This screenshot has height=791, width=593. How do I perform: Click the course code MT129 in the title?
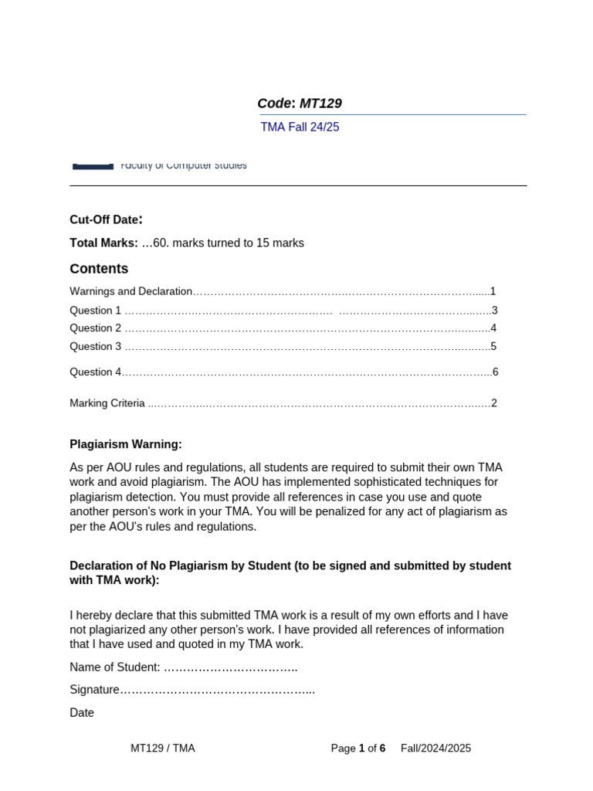click(x=320, y=104)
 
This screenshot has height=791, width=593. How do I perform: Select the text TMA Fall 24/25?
click(x=300, y=127)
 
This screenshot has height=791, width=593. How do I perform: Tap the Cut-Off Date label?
click(x=106, y=219)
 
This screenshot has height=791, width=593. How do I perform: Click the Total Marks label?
click(x=103, y=243)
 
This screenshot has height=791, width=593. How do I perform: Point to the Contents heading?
click(x=99, y=269)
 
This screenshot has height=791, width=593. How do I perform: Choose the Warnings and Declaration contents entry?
click(x=130, y=291)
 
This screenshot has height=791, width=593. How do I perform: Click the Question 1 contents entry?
click(x=96, y=311)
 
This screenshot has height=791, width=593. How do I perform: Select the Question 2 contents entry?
click(x=96, y=328)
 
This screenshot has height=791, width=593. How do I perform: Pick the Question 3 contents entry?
click(x=96, y=347)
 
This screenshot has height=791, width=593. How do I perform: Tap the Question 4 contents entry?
click(x=96, y=372)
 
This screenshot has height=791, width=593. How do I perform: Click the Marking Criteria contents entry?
click(x=107, y=403)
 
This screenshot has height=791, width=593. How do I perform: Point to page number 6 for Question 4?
click(x=495, y=372)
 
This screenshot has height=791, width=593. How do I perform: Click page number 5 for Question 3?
click(x=493, y=347)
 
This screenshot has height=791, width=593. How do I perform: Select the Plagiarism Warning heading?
click(x=126, y=444)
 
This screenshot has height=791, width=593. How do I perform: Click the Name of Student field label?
click(x=115, y=667)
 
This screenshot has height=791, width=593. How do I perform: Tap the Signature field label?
click(x=94, y=690)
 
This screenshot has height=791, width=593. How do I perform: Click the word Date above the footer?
click(x=82, y=713)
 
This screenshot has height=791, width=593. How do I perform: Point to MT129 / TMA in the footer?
click(x=163, y=749)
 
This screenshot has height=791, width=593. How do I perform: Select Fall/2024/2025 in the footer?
click(x=435, y=749)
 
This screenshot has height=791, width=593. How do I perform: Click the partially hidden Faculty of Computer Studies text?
click(x=184, y=165)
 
